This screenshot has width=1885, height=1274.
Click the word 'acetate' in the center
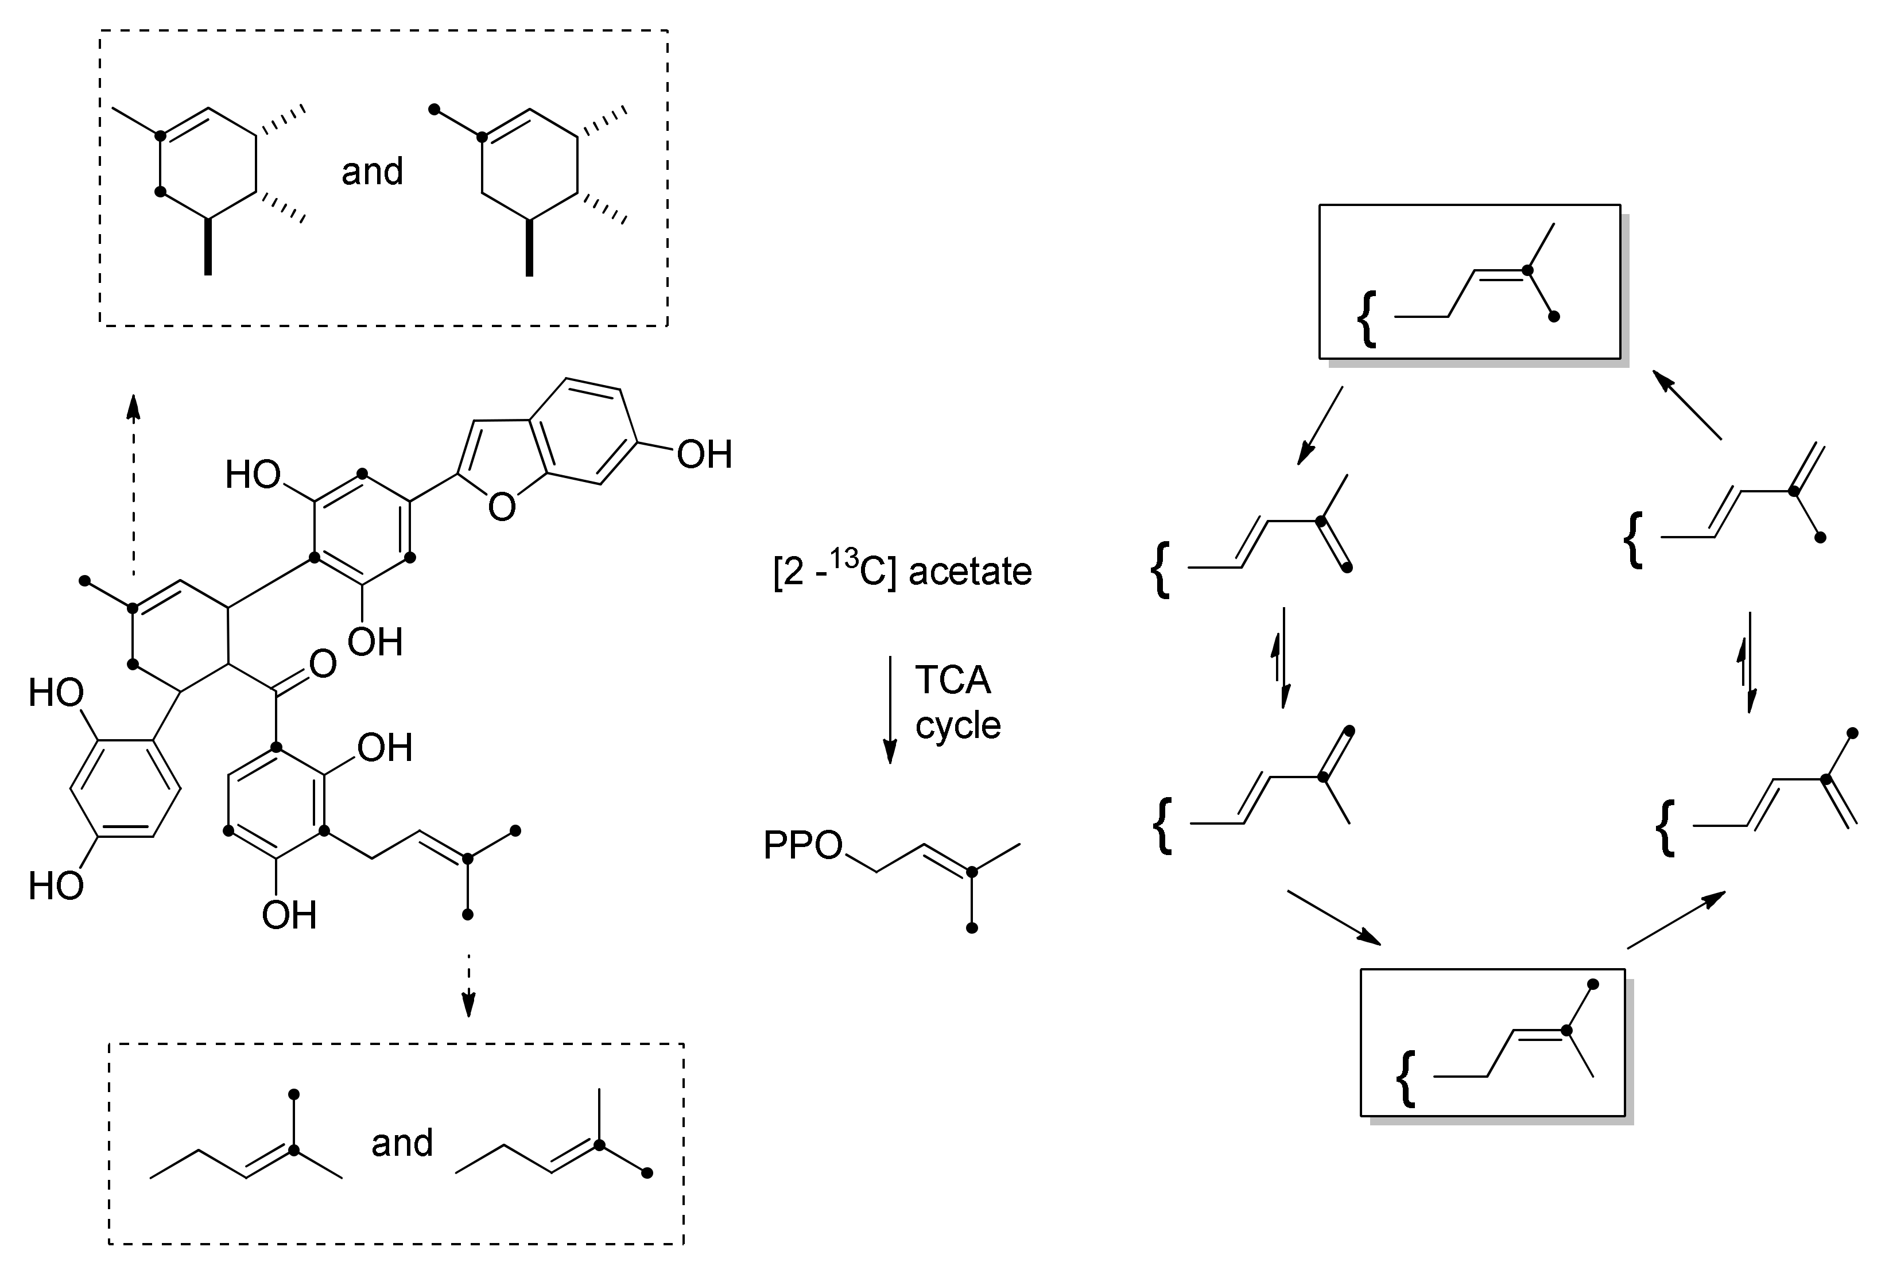click(x=969, y=572)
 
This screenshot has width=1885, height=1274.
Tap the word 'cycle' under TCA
click(x=958, y=724)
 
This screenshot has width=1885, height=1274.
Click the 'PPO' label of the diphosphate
click(x=802, y=846)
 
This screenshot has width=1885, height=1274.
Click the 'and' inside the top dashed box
click(x=373, y=172)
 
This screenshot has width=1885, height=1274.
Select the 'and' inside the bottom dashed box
click(x=402, y=1143)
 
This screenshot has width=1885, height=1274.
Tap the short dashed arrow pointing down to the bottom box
click(x=467, y=985)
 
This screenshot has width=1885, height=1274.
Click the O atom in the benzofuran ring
click(x=502, y=508)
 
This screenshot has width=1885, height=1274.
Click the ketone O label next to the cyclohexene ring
click(x=323, y=664)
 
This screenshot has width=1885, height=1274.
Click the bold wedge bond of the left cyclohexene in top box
click(x=208, y=247)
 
